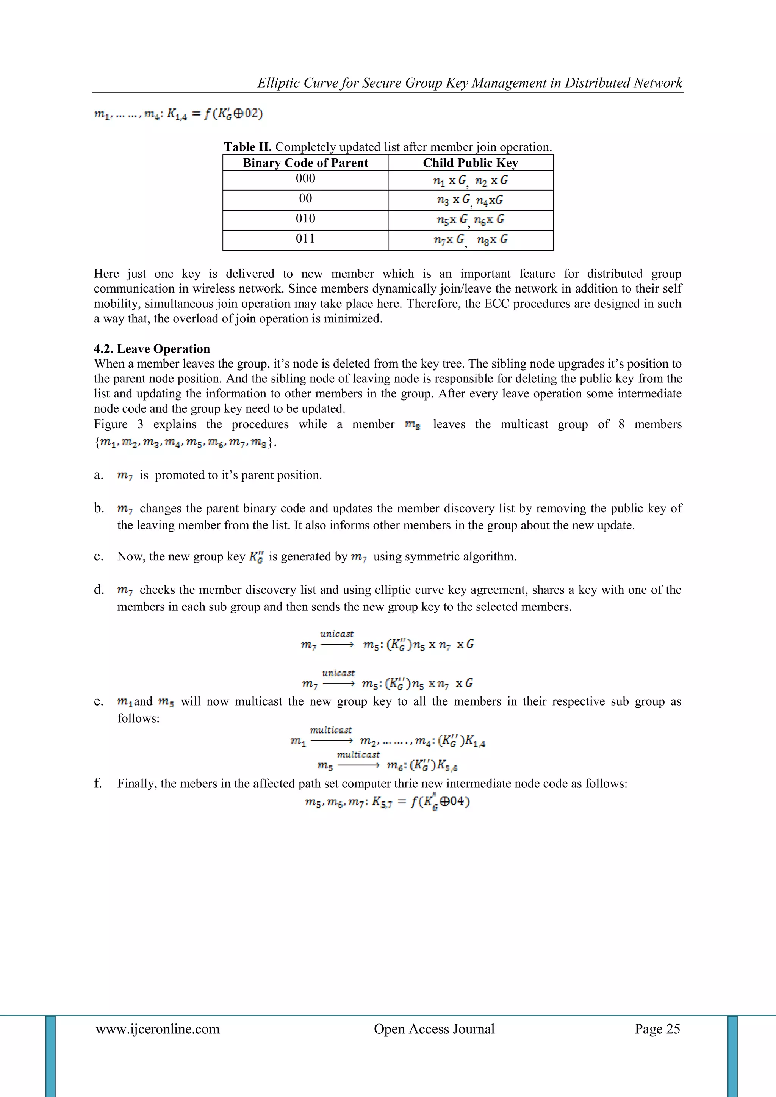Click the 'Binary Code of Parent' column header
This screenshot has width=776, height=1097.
(305, 163)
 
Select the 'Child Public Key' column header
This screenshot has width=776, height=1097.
(470, 163)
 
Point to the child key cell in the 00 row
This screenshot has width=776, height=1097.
(470, 200)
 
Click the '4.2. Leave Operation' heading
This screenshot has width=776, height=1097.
(152, 349)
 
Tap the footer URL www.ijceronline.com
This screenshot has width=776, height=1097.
(158, 1029)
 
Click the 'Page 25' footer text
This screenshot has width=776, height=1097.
(657, 1029)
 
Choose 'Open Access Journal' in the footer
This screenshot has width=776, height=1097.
(434, 1029)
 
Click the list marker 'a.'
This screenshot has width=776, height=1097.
(99, 475)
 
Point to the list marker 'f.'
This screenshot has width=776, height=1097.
(98, 783)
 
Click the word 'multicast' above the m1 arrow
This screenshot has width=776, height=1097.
(331, 730)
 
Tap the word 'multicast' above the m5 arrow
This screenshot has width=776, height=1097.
(358, 754)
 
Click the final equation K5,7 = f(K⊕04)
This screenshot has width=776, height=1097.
(387, 802)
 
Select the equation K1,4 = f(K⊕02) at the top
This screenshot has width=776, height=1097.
(178, 114)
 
